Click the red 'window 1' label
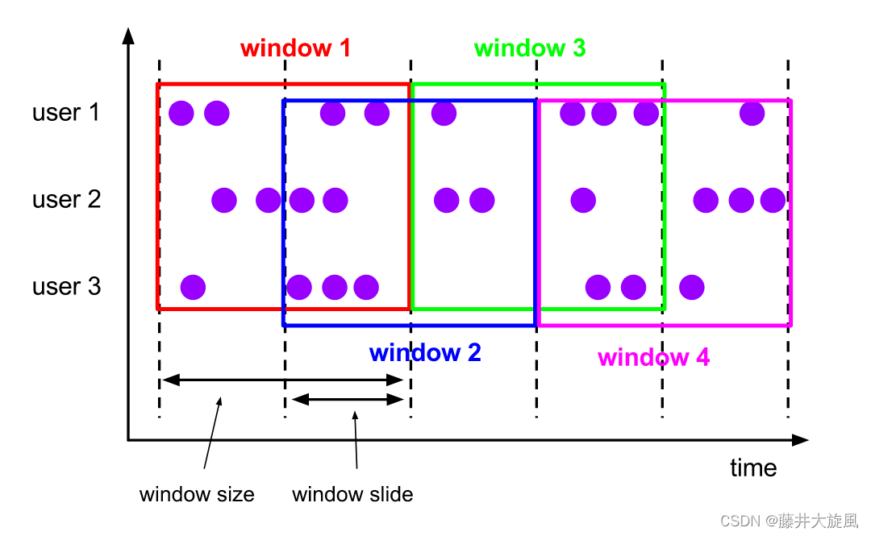click(295, 48)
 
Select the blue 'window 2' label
click(425, 353)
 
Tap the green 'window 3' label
click(530, 48)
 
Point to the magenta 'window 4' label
click(653, 357)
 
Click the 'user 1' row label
click(66, 113)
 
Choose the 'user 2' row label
click(66, 199)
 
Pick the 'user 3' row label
click(66, 286)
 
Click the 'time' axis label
click(753, 468)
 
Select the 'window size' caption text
click(197, 494)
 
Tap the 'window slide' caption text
click(352, 494)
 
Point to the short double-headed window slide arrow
click(348, 399)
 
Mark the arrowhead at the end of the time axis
click(800, 440)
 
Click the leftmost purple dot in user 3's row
click(193, 287)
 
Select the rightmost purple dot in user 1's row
click(752, 114)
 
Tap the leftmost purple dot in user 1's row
click(181, 114)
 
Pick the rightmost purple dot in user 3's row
click(691, 287)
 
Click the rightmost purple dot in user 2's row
click(773, 200)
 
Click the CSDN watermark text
click(789, 521)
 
